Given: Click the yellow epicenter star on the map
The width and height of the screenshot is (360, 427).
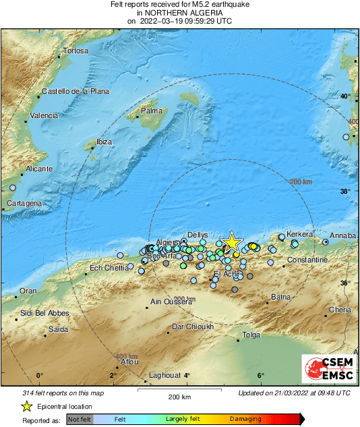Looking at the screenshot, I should coord(231,242).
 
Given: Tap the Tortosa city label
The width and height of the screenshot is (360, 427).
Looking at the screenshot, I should coord(76,51).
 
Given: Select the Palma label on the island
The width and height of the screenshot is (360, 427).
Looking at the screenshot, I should coord(154,111).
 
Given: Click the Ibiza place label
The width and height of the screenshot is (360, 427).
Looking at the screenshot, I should coord(104,142).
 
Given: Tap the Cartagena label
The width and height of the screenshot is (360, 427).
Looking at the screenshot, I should coord(24,203).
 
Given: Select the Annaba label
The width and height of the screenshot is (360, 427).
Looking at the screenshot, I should coord(342,235).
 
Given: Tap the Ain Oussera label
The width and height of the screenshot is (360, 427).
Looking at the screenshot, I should coord(171,302).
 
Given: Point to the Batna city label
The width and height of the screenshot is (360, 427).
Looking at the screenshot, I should coord(280,297).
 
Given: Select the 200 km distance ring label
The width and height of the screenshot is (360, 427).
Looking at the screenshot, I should coord(301,182).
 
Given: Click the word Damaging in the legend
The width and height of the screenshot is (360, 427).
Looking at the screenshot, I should coord(245,419).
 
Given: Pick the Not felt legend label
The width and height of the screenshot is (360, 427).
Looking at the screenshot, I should coord(79,419).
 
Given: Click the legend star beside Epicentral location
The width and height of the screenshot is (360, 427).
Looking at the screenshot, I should coord(26,406).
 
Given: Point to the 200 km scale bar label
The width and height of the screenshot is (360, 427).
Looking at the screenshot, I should coord(181,397).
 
